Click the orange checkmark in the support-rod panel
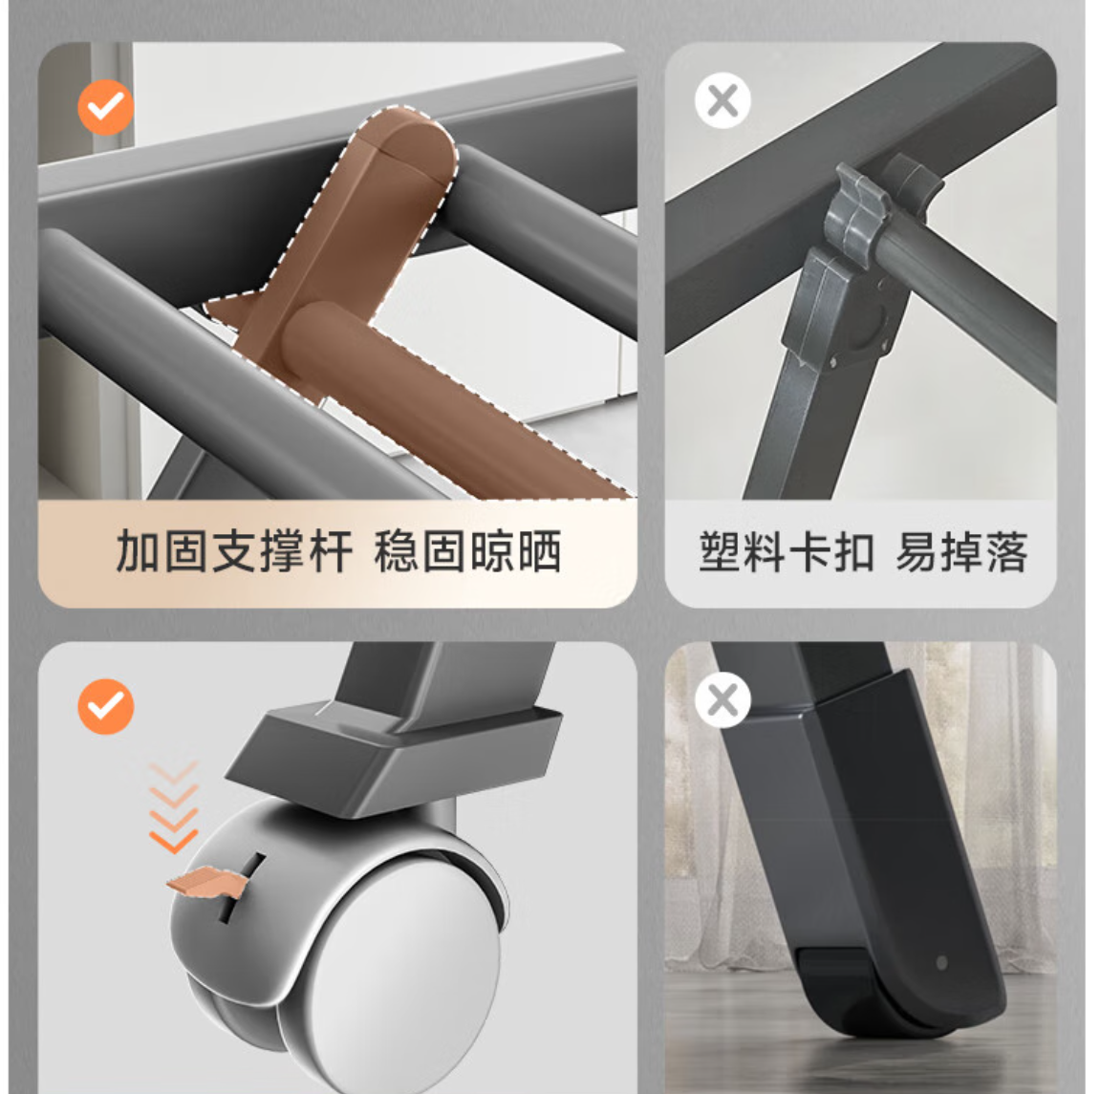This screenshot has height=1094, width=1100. pos(106,108)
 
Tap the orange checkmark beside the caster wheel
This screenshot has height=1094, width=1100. pos(106,707)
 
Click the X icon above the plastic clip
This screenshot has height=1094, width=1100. pos(723,100)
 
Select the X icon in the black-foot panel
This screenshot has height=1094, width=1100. pos(723,700)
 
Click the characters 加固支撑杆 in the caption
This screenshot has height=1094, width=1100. pos(234,552)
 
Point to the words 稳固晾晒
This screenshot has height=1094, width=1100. pos(468,552)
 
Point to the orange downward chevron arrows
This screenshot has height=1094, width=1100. pos(174,807)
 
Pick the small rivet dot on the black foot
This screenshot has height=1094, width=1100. pos(942,961)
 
